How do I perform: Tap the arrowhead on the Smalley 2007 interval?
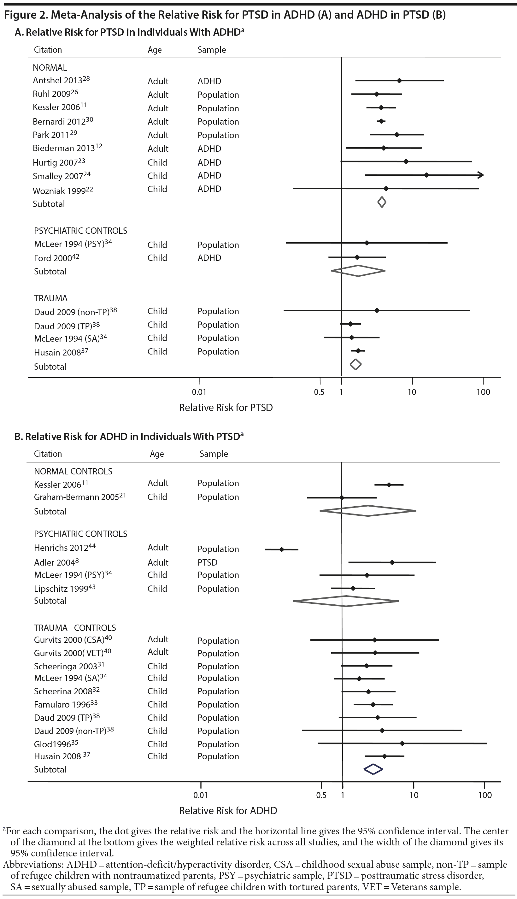(x=480, y=175)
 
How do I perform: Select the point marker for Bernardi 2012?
(x=381, y=121)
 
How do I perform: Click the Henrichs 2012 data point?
(x=282, y=549)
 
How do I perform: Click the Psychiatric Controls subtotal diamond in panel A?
(x=358, y=271)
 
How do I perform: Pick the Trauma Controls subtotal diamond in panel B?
(x=373, y=769)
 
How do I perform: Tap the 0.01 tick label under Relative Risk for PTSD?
(x=199, y=392)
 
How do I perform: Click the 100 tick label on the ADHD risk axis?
(x=485, y=795)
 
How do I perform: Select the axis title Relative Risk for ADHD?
(x=228, y=811)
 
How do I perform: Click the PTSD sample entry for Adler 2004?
(x=207, y=562)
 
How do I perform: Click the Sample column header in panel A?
(x=212, y=50)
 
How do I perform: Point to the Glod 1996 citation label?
(x=56, y=744)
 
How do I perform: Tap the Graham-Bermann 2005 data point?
(x=342, y=498)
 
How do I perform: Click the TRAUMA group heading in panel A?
(x=51, y=298)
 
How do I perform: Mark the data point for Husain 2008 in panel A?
(x=358, y=351)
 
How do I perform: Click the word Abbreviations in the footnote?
(x=32, y=864)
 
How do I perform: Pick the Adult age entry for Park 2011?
(x=158, y=135)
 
